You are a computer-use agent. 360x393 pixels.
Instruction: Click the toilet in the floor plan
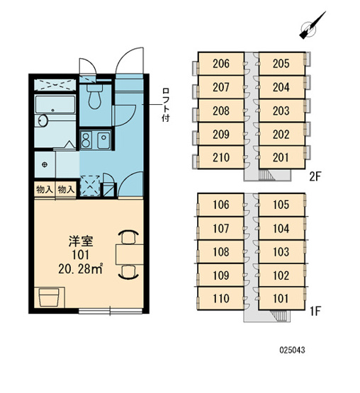[x=94, y=96]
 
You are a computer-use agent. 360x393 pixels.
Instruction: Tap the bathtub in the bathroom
[x=55, y=104]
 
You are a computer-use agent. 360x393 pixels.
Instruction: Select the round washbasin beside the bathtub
[x=43, y=121]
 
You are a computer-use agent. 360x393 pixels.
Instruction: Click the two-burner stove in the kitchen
[x=86, y=140]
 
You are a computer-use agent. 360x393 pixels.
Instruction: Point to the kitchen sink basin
[x=103, y=140]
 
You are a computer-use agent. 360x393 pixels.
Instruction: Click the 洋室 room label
[x=81, y=241]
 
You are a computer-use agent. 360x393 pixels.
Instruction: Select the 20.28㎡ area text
[x=80, y=269]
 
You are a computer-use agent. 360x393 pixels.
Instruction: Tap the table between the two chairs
[x=130, y=254]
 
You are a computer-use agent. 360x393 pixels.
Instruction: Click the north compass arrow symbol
[x=313, y=25]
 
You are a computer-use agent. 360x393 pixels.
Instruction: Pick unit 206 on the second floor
[x=221, y=64]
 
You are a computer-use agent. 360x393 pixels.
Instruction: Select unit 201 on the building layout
[x=281, y=157]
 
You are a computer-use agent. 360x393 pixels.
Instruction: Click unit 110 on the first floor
[x=221, y=299]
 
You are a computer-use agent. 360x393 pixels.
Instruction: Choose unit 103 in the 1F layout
[x=281, y=251]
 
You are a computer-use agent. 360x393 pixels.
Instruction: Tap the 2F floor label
[x=315, y=177]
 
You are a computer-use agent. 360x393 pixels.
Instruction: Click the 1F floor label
[x=315, y=312]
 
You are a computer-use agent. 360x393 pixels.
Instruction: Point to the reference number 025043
[x=292, y=350]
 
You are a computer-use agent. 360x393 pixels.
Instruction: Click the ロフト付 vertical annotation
[x=166, y=105]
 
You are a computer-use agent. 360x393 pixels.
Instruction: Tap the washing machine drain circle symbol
[x=45, y=165]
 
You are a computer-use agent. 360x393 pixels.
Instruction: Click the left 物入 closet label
[x=45, y=190]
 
